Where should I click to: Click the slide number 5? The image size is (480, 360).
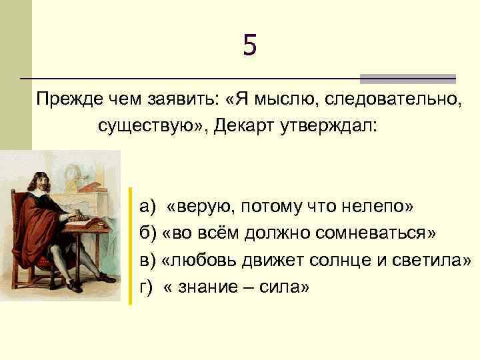click(x=249, y=46)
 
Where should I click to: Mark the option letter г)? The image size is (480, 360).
click(x=147, y=287)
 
